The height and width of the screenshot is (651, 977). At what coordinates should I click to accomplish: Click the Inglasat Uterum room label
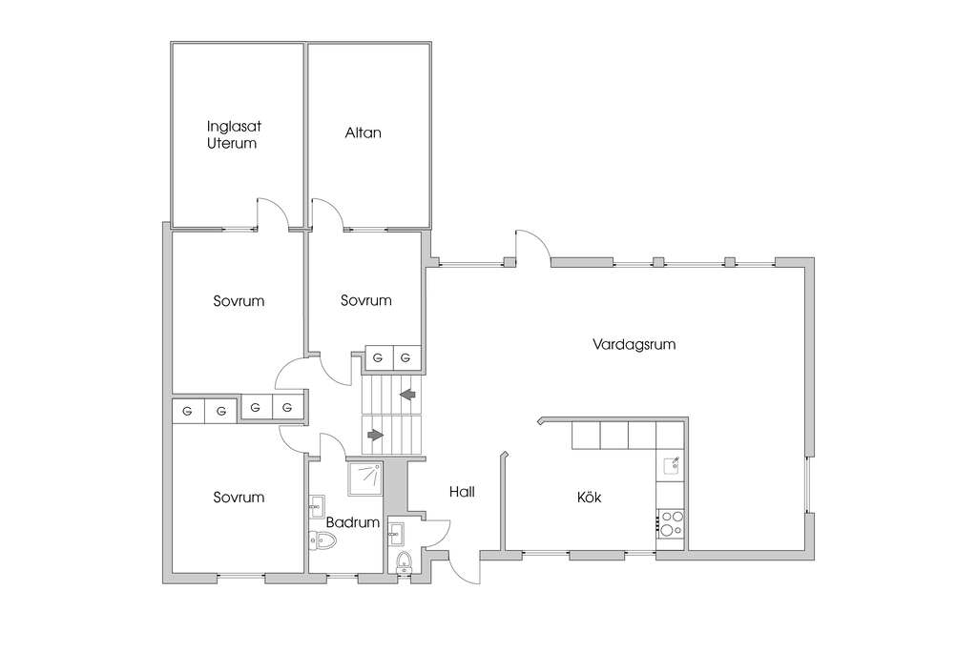pyautogui.click(x=233, y=134)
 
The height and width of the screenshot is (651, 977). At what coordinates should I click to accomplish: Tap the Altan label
pyautogui.click(x=363, y=132)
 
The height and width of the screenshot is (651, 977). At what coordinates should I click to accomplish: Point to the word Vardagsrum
pyautogui.click(x=634, y=344)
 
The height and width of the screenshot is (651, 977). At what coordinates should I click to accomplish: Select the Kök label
pyautogui.click(x=589, y=497)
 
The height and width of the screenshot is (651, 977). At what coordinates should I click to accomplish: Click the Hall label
pyautogui.click(x=462, y=492)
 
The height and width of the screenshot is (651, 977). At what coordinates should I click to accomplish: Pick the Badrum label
pyautogui.click(x=353, y=522)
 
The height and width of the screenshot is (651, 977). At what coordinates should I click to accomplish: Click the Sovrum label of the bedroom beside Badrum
pyautogui.click(x=239, y=497)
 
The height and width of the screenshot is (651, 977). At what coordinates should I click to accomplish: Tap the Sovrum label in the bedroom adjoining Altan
pyautogui.click(x=365, y=300)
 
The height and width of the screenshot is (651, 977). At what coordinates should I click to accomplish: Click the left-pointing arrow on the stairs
pyautogui.click(x=407, y=393)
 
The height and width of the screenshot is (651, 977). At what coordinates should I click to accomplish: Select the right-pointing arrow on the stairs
pyautogui.click(x=375, y=435)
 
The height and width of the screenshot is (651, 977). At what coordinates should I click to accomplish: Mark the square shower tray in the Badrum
pyautogui.click(x=364, y=478)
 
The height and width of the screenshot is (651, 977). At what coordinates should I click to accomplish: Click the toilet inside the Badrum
pyautogui.click(x=323, y=541)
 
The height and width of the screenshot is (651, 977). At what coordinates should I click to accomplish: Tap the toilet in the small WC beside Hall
pyautogui.click(x=403, y=560)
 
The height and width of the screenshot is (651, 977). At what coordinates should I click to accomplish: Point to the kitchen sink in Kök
pyautogui.click(x=672, y=465)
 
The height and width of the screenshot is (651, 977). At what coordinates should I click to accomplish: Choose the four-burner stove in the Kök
pyautogui.click(x=672, y=522)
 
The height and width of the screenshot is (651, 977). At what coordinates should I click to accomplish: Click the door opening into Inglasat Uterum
pyautogui.click(x=273, y=214)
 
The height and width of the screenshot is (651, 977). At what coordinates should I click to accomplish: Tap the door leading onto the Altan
pyautogui.click(x=327, y=214)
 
